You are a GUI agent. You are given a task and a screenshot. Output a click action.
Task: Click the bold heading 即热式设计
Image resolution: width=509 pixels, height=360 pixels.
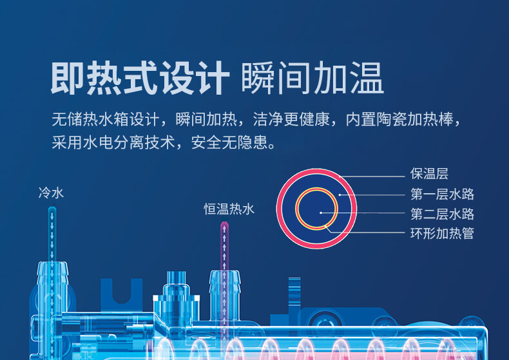(140, 78)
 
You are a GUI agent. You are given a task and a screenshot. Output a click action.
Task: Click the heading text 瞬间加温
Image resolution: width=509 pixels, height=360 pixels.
(312, 78)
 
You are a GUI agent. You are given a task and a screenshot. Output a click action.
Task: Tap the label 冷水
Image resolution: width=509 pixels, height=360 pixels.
(51, 193)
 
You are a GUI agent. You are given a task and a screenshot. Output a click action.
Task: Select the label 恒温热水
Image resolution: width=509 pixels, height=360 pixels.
(229, 209)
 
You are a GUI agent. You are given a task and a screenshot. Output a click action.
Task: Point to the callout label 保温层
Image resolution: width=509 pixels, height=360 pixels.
(429, 174)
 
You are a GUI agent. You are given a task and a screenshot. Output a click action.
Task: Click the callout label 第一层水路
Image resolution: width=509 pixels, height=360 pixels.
(442, 194)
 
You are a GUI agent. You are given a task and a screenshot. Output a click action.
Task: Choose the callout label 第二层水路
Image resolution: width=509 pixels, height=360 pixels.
(442, 214)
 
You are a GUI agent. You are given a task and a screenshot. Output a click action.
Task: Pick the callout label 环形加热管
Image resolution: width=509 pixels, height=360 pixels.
(442, 233)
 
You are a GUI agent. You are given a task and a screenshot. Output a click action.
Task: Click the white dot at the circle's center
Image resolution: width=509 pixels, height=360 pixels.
(321, 213)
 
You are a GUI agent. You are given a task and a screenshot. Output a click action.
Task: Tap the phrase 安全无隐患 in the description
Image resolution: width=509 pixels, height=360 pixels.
(233, 142)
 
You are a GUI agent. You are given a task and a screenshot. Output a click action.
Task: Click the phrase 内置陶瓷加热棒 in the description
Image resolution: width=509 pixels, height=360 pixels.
(399, 119)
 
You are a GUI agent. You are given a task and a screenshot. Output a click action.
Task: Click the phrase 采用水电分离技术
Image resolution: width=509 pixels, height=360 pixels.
(113, 142)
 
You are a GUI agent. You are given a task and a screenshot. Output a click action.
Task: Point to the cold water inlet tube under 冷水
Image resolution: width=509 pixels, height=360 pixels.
(52, 234)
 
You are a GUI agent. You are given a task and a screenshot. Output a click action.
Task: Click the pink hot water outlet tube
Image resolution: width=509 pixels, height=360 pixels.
(224, 247)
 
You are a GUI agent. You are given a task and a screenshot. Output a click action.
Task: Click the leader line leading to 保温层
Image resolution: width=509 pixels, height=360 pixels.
(372, 176)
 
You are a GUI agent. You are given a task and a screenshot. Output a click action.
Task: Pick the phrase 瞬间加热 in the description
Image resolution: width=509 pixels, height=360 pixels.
(206, 119)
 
